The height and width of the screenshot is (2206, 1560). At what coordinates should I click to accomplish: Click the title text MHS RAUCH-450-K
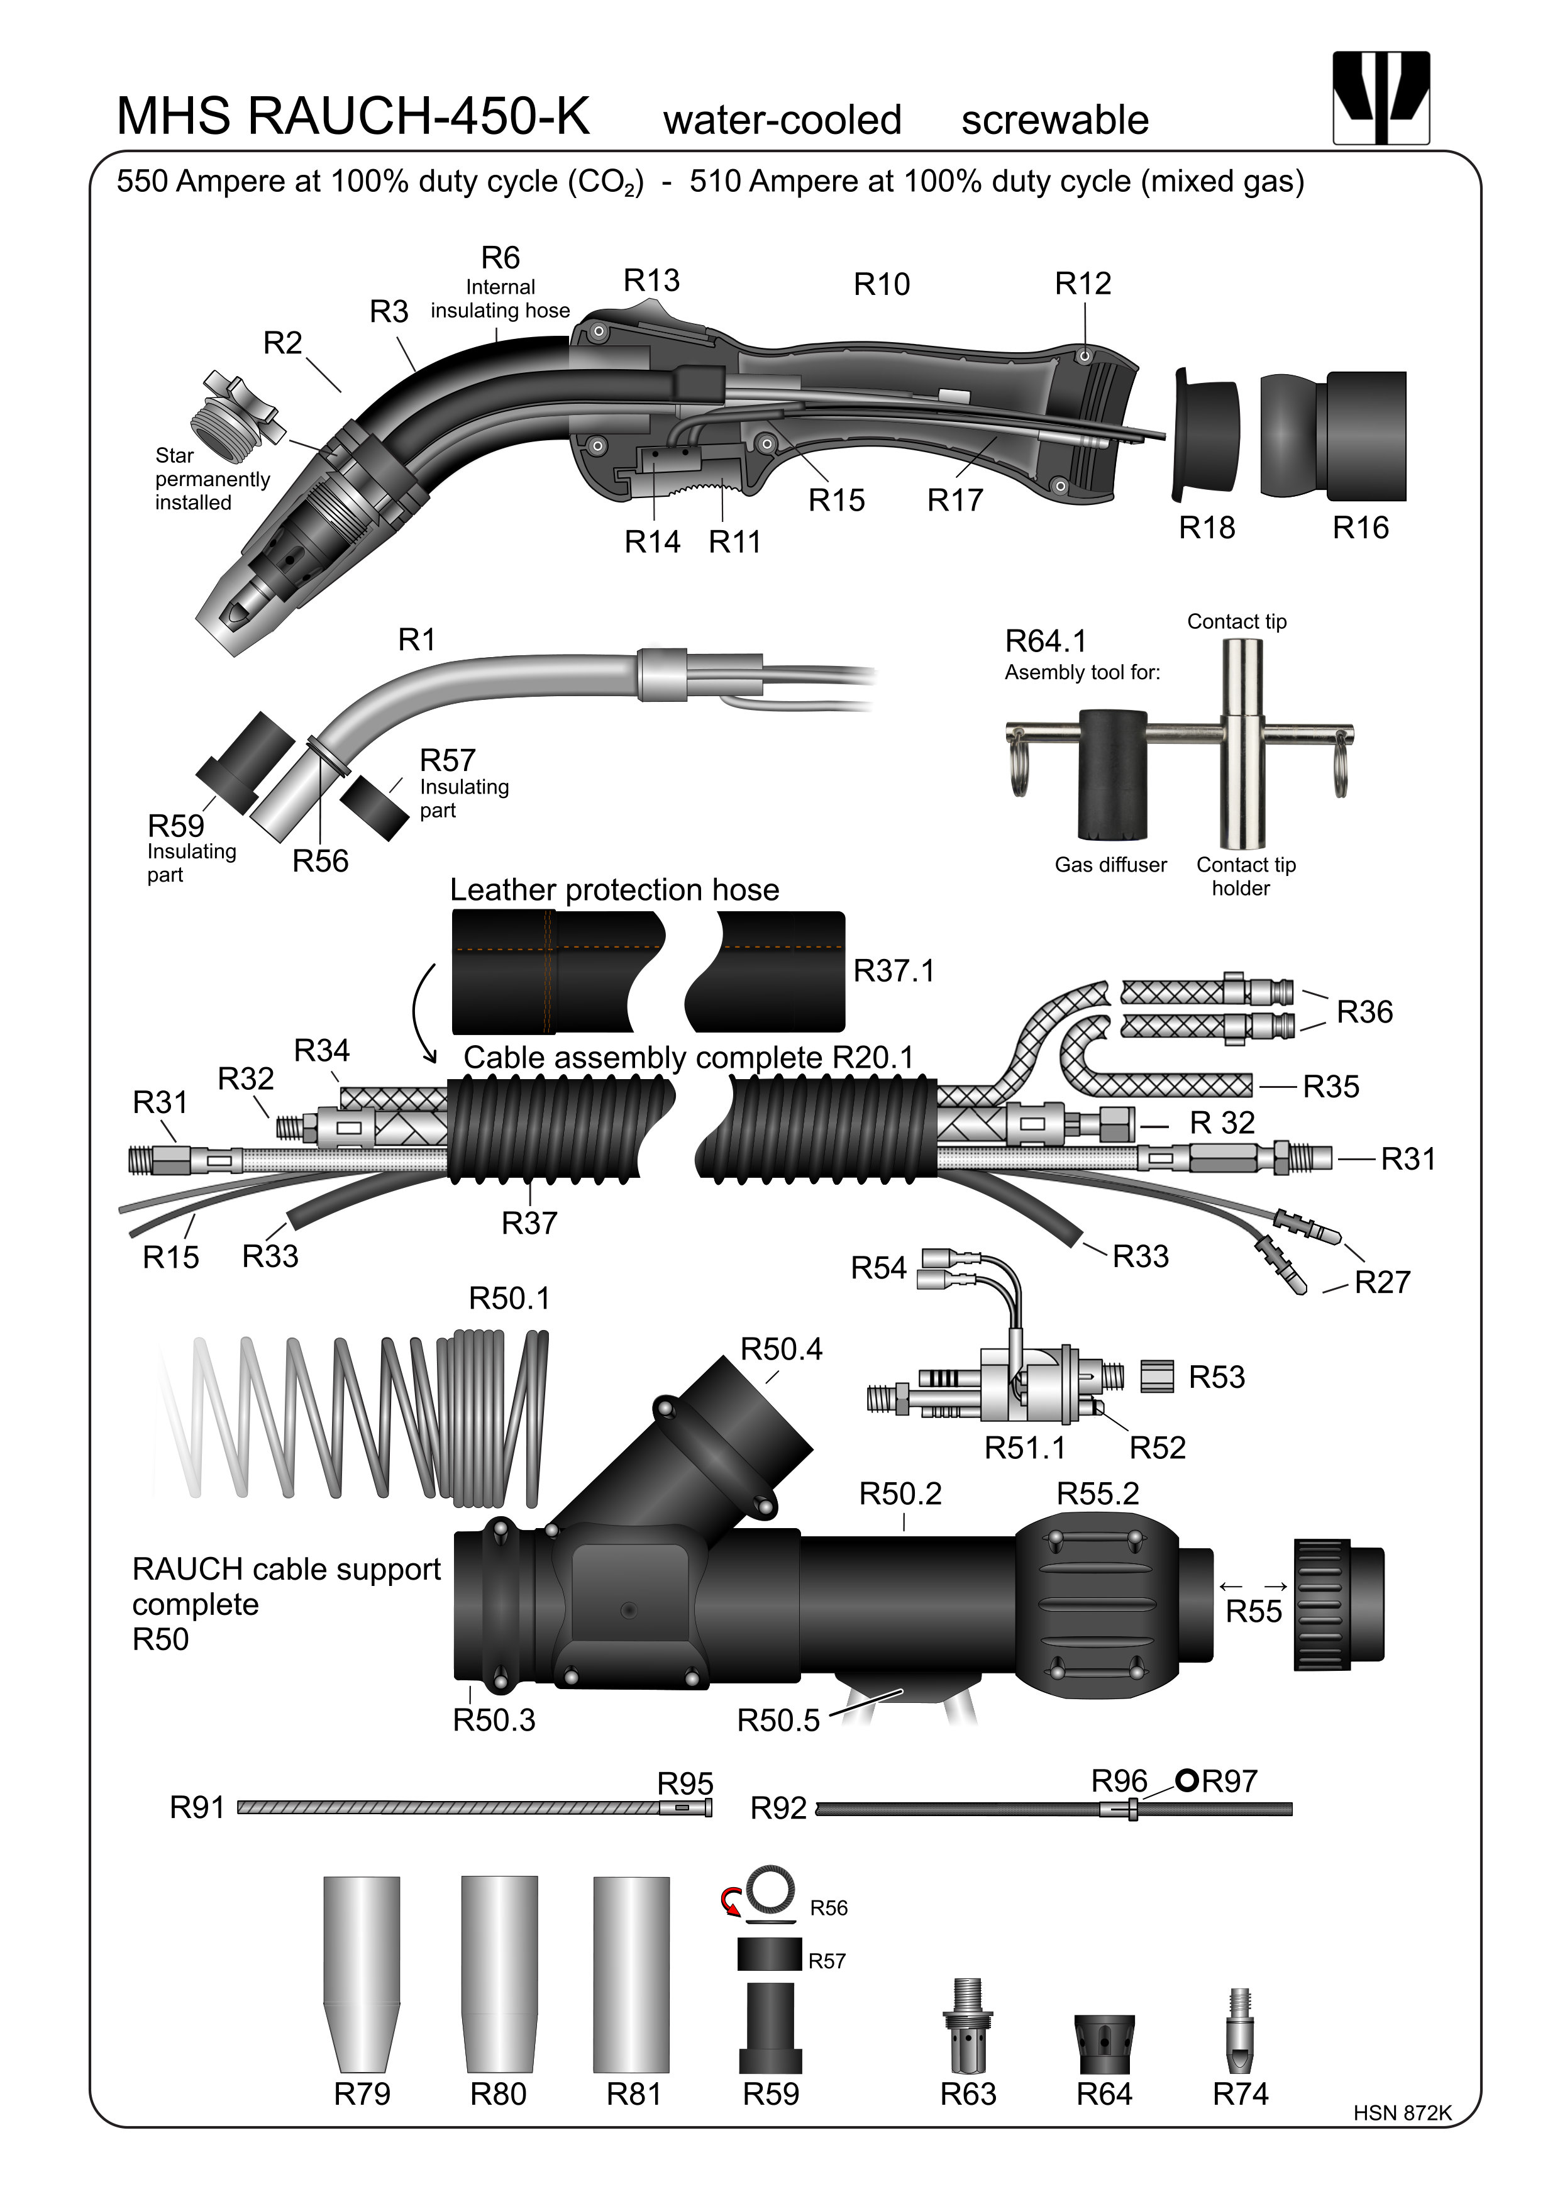click(353, 117)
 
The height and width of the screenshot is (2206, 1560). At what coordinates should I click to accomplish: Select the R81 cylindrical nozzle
click(631, 1975)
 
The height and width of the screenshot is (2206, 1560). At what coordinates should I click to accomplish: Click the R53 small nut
click(1158, 1376)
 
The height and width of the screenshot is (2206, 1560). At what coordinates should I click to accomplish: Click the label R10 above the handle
click(881, 284)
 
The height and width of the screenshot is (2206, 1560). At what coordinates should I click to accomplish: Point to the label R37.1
click(893, 972)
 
